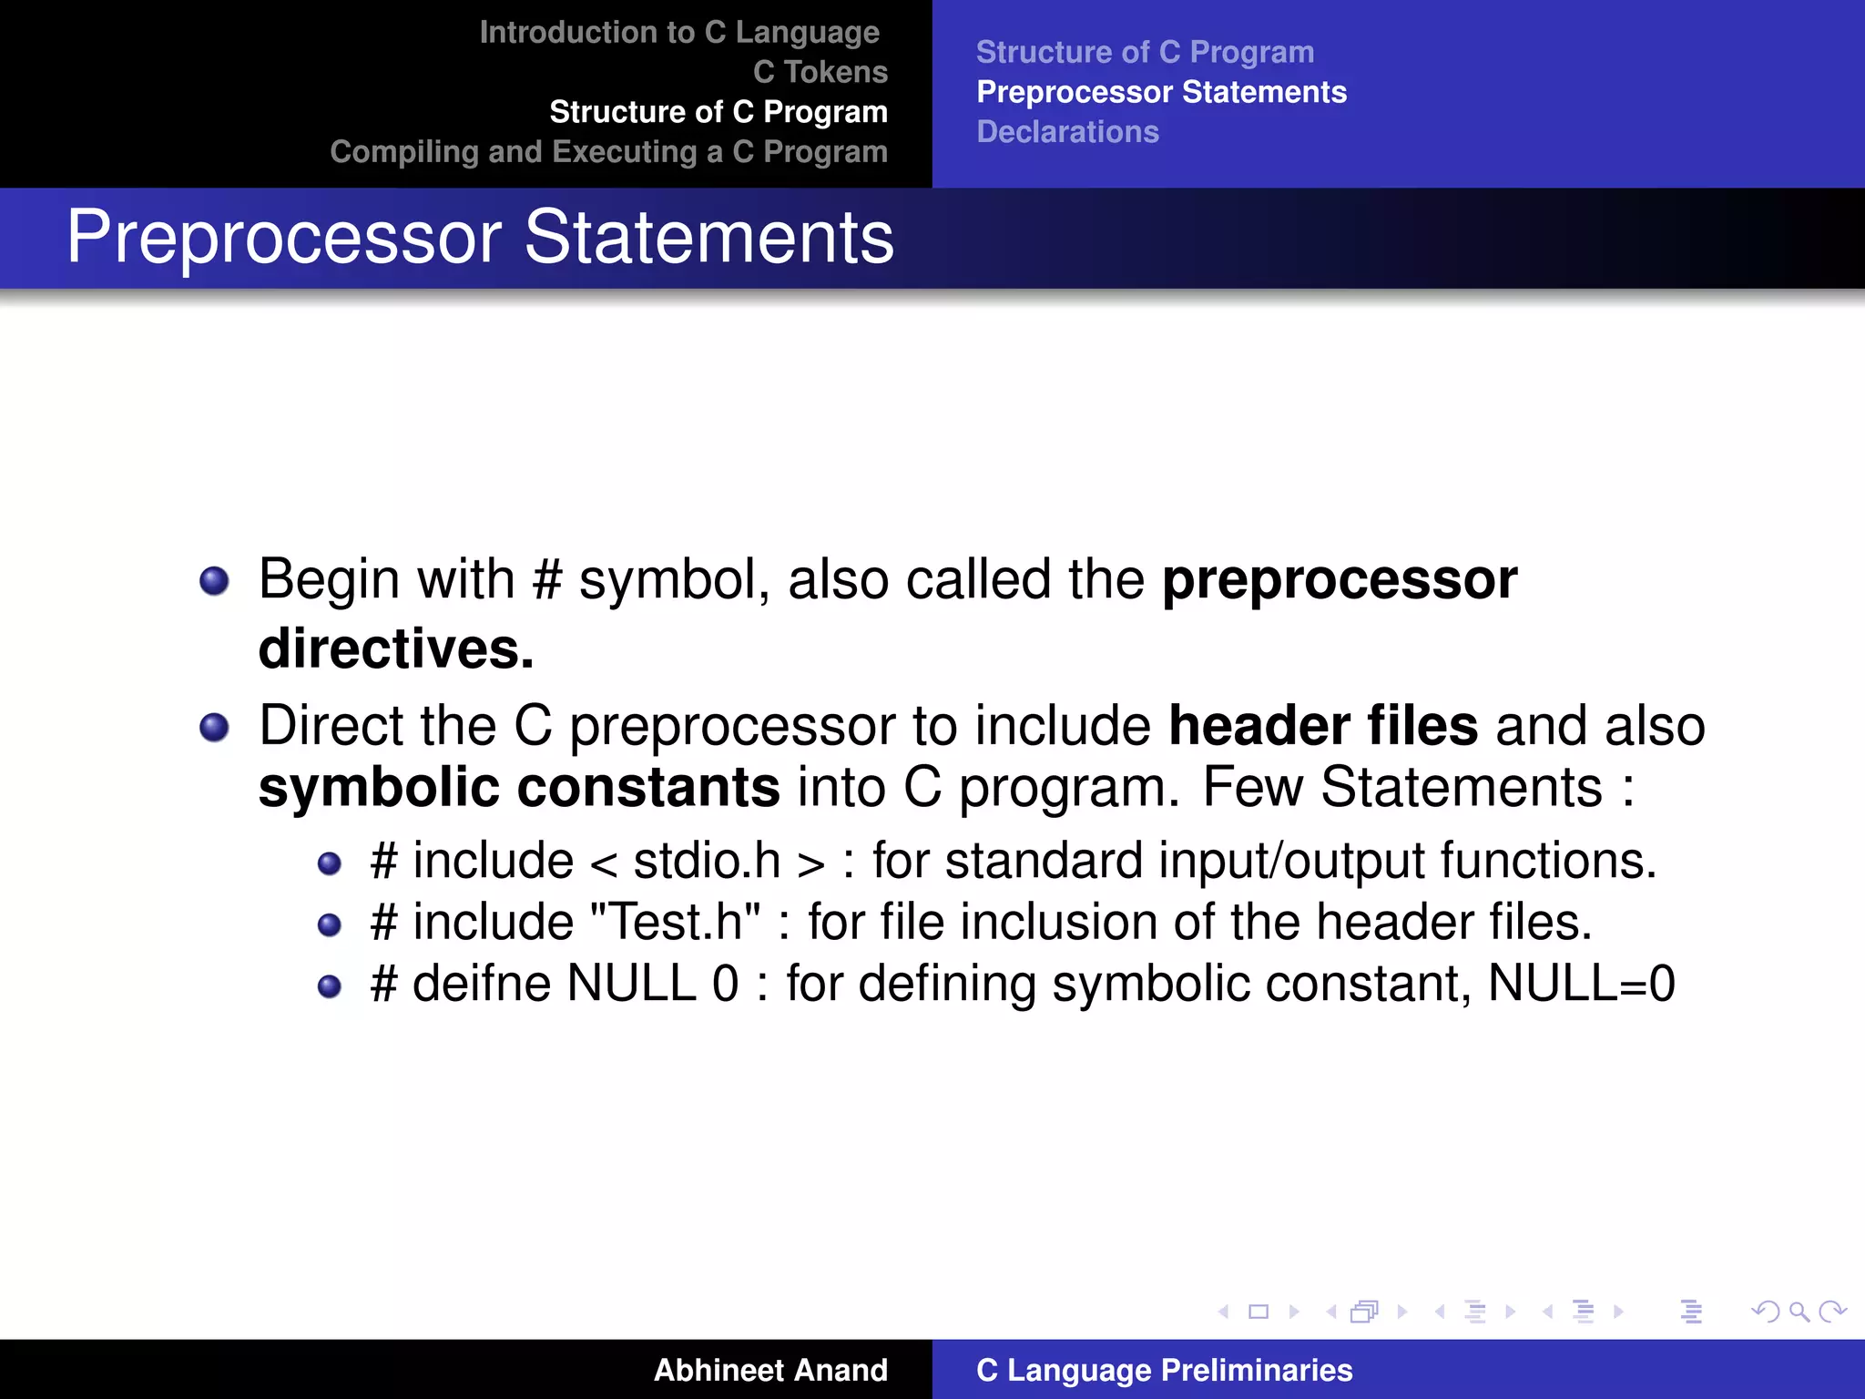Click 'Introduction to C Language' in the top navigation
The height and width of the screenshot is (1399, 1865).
click(679, 33)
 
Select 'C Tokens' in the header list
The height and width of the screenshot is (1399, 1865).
click(820, 72)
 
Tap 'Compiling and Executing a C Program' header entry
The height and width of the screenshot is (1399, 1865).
click(608, 152)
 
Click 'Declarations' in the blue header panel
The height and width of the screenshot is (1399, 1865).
click(1067, 132)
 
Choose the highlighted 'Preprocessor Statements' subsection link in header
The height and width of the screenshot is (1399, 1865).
click(1161, 92)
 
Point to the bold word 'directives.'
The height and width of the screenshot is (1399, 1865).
click(395, 648)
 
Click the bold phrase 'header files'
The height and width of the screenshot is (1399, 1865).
click(1322, 726)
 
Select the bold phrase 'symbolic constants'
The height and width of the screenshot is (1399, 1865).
click(519, 787)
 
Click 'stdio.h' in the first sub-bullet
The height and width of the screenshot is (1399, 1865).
click(707, 861)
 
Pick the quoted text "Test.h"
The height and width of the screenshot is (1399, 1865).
click(675, 922)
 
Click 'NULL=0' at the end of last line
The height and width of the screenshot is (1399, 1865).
click(1580, 984)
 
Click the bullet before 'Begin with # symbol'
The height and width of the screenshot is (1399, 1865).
click(214, 580)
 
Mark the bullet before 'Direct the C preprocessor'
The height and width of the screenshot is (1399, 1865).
click(214, 727)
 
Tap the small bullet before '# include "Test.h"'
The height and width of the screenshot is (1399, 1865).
click(329, 925)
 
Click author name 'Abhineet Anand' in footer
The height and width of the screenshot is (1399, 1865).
click(769, 1370)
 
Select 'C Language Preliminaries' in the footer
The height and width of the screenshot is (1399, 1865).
click(1164, 1370)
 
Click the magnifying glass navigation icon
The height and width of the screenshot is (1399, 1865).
click(1799, 1312)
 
